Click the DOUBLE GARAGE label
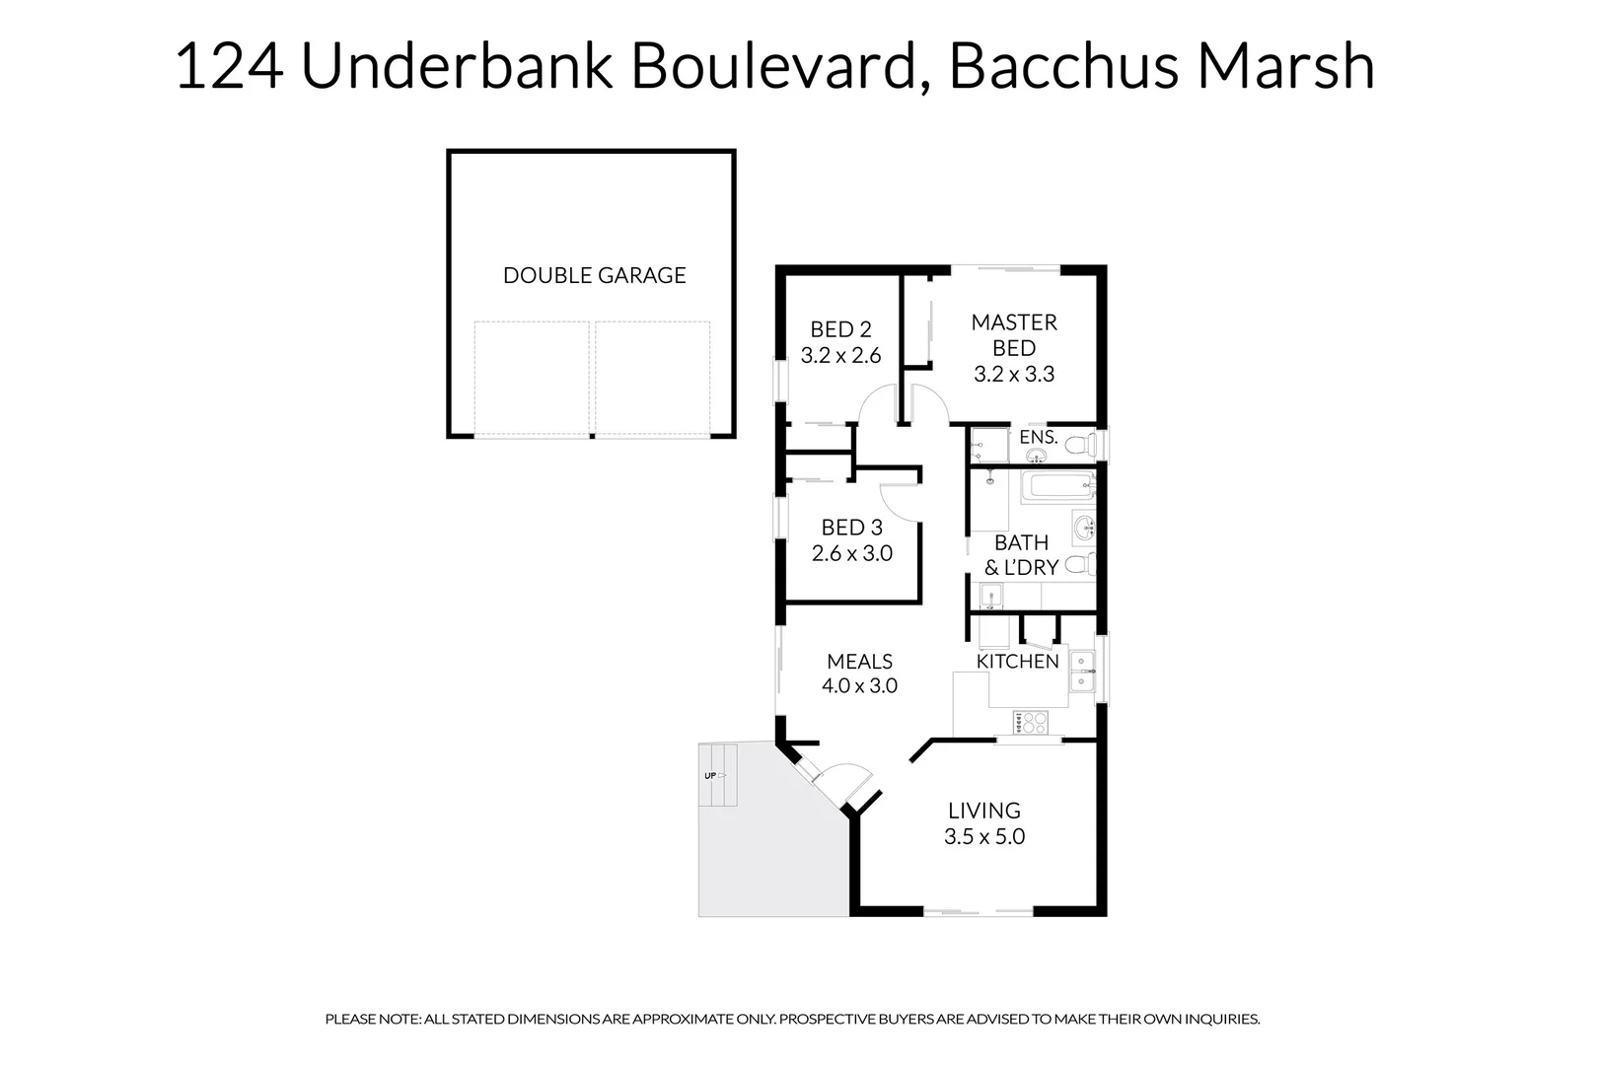pos(594,275)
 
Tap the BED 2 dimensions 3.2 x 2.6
pos(840,356)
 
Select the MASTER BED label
pos(1014,335)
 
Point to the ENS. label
pos(1038,437)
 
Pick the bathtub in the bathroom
pos(1056,485)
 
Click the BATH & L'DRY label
pos(1021,555)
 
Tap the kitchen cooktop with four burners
pos(1030,722)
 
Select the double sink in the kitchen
pos(1082,670)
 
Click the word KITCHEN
pos(1017,662)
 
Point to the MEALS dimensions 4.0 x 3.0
pos(859,686)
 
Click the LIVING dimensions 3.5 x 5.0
pos(983,837)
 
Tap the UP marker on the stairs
pos(711,776)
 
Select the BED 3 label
pos(851,528)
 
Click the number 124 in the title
pos(229,67)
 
